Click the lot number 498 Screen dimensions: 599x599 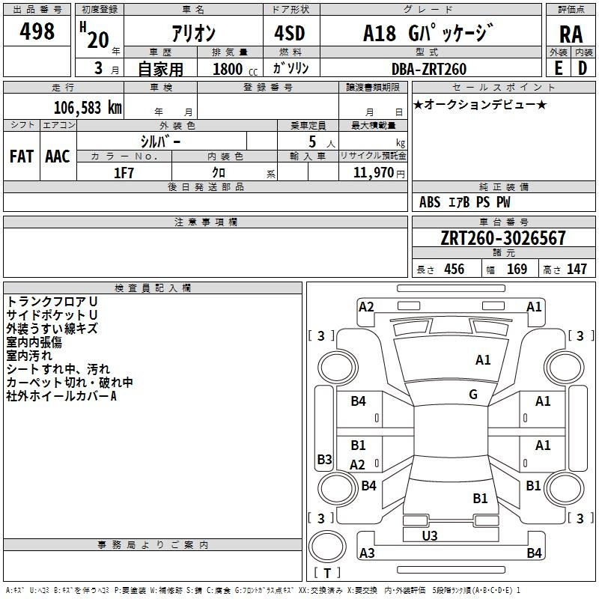38,31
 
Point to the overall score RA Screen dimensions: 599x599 571,34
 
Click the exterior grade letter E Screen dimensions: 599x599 559,68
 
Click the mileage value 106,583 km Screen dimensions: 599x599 88,107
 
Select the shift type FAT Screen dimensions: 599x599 22,156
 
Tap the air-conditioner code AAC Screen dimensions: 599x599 57,156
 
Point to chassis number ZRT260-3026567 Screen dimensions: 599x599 503,239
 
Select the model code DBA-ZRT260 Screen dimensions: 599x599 429,69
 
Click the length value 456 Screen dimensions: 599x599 454,270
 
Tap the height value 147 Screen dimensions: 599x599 577,270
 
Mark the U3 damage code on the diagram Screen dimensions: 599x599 430,536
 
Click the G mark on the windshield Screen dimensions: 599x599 473,395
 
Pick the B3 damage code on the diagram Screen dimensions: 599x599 324,459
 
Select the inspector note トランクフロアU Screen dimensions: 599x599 52,301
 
